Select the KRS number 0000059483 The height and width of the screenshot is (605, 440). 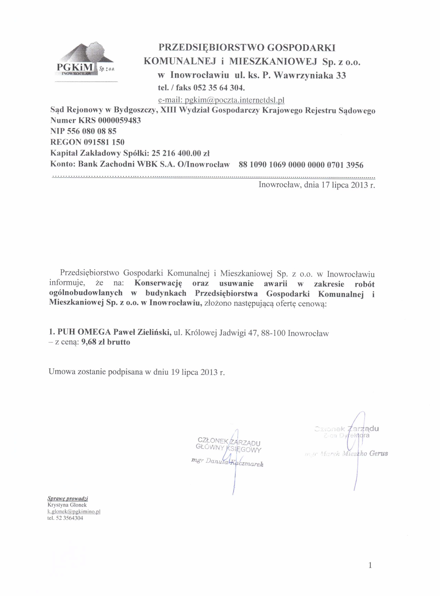click(x=119, y=121)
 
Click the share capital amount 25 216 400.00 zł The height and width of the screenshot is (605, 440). click(x=180, y=153)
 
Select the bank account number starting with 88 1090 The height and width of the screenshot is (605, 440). click(x=301, y=165)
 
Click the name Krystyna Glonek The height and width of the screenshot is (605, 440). click(x=67, y=505)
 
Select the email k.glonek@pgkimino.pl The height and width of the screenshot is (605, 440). click(x=74, y=511)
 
